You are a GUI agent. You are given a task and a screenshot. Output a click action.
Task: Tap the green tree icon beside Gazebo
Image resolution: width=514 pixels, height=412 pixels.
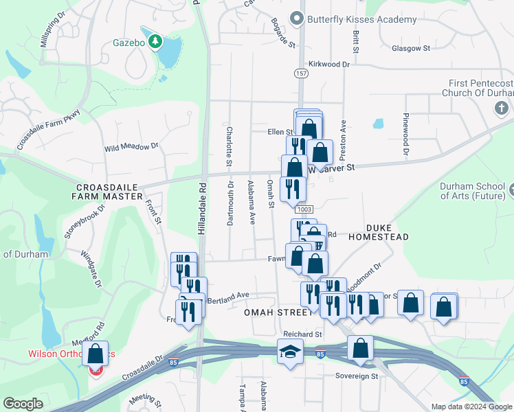(156, 42)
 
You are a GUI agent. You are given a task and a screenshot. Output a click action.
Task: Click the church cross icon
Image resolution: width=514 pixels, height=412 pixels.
(501, 108)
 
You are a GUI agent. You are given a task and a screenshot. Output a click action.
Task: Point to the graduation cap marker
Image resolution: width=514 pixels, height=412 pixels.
(290, 352)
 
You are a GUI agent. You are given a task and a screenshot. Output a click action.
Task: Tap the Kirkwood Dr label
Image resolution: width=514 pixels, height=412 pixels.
(329, 64)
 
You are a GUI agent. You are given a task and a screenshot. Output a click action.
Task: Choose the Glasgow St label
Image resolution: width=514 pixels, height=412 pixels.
(410, 49)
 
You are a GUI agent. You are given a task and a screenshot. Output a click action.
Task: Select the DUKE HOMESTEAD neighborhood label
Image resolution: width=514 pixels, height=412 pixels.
(378, 231)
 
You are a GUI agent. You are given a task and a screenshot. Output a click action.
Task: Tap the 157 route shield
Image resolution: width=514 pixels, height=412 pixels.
(301, 73)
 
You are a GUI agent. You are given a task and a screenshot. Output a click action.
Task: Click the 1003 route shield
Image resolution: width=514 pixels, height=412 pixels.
(304, 209)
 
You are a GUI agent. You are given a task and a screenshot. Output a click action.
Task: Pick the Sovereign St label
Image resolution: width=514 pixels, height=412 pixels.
(357, 376)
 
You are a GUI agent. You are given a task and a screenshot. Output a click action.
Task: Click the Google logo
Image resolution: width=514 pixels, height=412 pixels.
(23, 404)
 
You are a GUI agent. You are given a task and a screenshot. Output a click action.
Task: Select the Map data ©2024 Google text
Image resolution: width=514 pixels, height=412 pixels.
(471, 407)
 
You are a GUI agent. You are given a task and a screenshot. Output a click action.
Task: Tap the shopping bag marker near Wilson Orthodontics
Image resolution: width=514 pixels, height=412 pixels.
(96, 354)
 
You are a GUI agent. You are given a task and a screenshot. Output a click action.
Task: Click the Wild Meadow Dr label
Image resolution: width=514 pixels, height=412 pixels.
(131, 147)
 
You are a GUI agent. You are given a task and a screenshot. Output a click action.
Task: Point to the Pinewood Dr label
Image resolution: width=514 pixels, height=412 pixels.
(406, 133)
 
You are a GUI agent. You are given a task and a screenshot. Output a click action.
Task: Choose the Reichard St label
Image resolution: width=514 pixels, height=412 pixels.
(302, 334)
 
